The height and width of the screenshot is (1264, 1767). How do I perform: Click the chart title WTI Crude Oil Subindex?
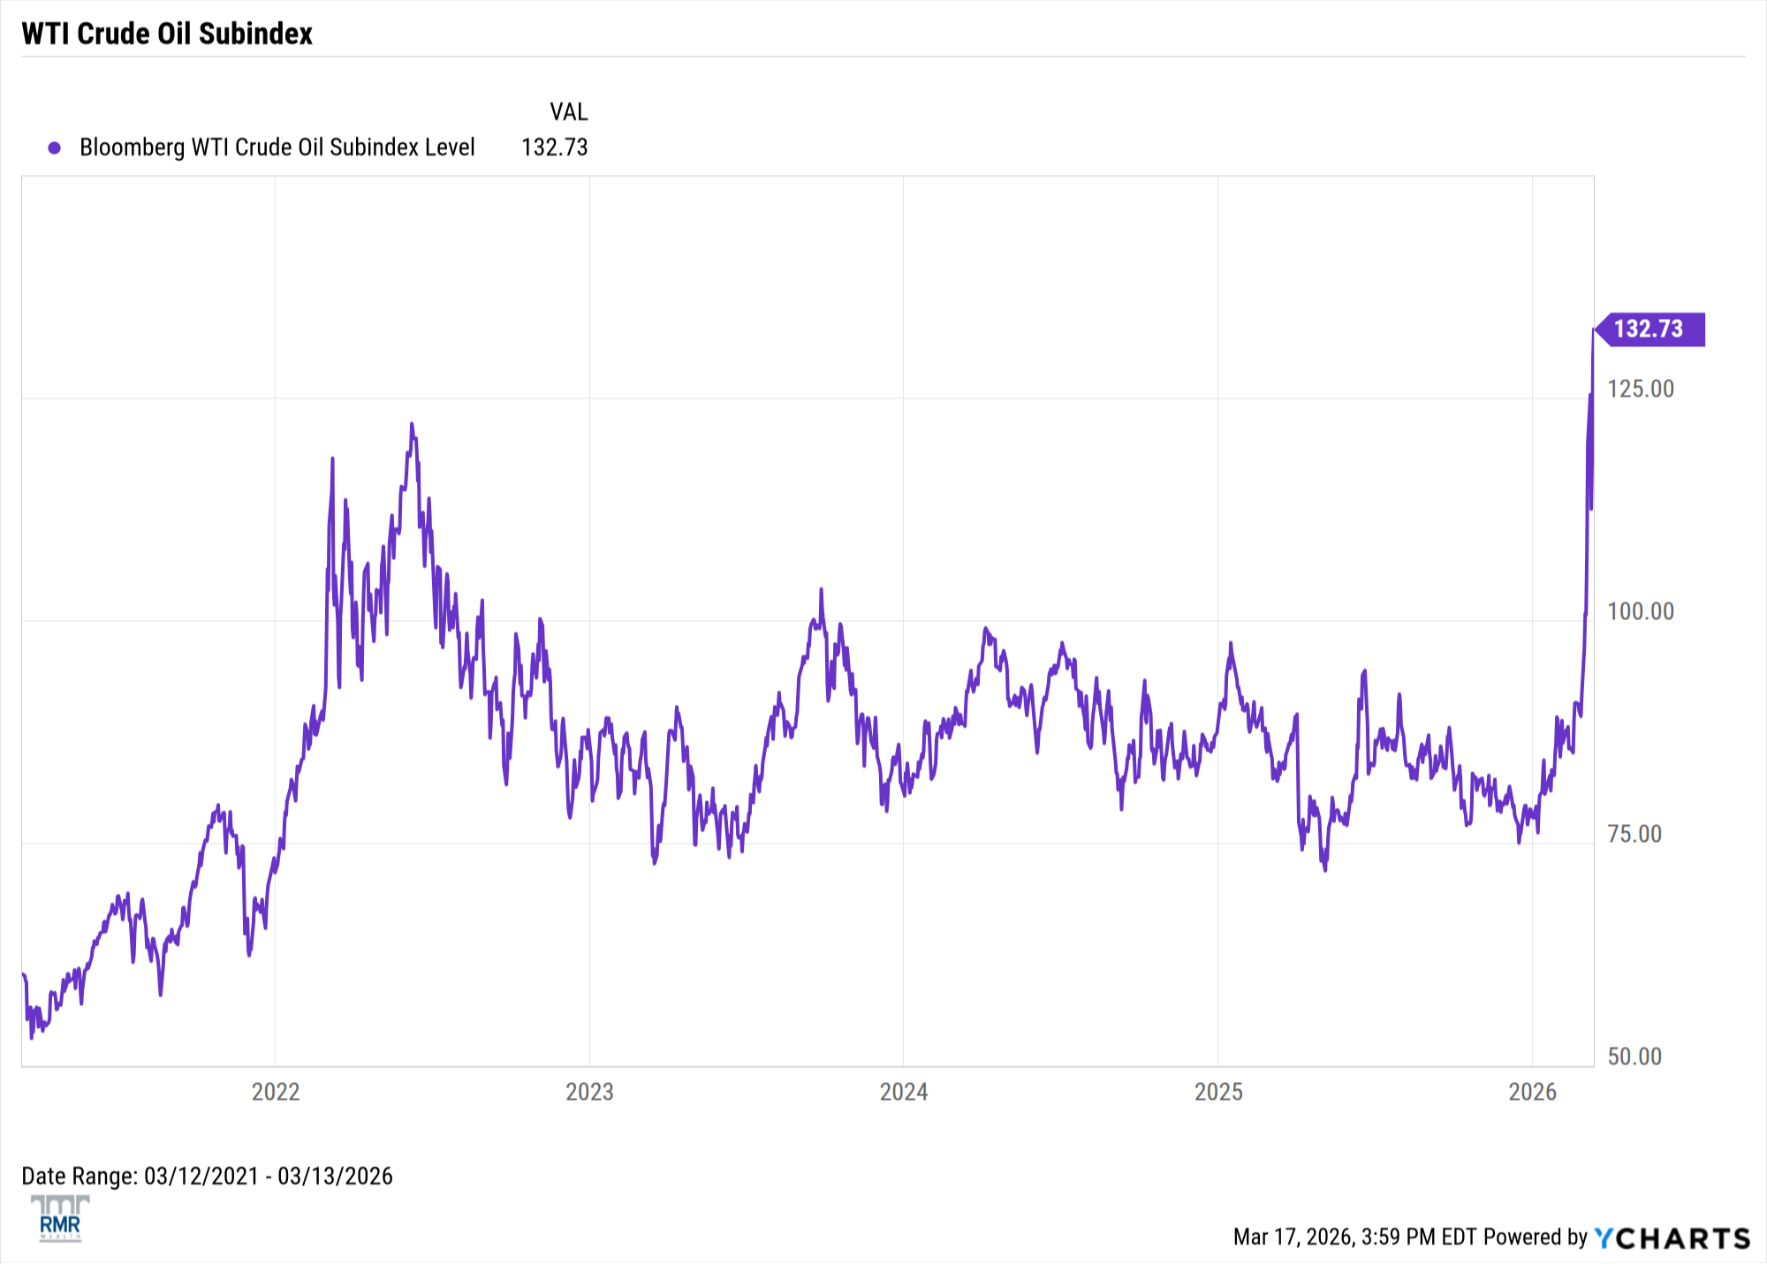pyautogui.click(x=167, y=34)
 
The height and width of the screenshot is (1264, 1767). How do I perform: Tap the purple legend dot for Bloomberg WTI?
pyautogui.click(x=55, y=148)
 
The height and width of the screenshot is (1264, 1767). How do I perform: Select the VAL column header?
pyautogui.click(x=568, y=112)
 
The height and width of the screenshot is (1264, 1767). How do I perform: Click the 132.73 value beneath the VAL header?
pyautogui.click(x=554, y=148)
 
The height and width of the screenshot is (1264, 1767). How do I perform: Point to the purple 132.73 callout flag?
pyautogui.click(x=1649, y=329)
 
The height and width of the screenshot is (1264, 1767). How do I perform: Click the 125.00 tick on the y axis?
pyautogui.click(x=1641, y=389)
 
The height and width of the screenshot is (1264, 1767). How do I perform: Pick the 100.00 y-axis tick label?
pyautogui.click(x=1641, y=611)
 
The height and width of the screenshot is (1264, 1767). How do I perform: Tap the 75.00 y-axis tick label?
pyautogui.click(x=1634, y=834)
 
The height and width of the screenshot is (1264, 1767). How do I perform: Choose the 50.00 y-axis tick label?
pyautogui.click(x=1634, y=1056)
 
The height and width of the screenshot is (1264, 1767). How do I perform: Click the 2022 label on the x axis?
pyautogui.click(x=276, y=1092)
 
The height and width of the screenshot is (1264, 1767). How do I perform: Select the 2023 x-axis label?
pyautogui.click(x=589, y=1092)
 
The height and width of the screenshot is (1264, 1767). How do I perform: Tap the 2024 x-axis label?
pyautogui.click(x=904, y=1092)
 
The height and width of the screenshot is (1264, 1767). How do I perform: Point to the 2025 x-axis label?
pyautogui.click(x=1218, y=1092)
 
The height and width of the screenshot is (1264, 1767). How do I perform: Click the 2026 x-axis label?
pyautogui.click(x=1532, y=1092)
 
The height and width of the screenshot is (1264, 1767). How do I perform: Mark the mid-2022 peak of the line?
pyautogui.click(x=412, y=425)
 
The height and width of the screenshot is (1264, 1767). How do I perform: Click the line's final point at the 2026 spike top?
pyautogui.click(x=1593, y=329)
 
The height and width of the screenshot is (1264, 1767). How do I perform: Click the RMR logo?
pyautogui.click(x=60, y=1219)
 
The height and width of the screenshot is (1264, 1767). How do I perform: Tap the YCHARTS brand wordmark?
pyautogui.click(x=1672, y=1238)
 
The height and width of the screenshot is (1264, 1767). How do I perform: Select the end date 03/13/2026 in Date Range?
pyautogui.click(x=335, y=1177)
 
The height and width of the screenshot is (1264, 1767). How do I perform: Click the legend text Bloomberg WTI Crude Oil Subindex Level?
pyautogui.click(x=277, y=148)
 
